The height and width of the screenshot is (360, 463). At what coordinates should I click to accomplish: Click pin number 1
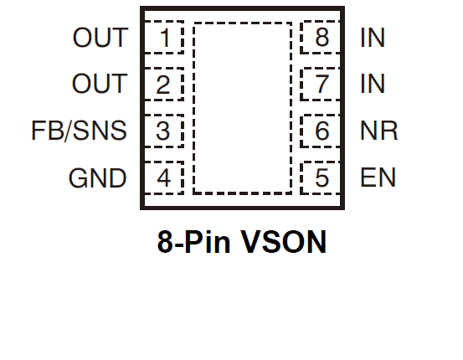tap(165, 38)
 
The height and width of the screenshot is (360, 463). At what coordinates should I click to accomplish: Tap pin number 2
tap(163, 85)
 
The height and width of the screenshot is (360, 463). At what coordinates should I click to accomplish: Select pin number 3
tap(163, 131)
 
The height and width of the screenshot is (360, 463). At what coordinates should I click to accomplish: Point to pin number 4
tap(163, 177)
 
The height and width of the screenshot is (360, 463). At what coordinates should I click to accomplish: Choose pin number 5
tap(322, 177)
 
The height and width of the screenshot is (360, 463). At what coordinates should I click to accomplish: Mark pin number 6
tap(322, 131)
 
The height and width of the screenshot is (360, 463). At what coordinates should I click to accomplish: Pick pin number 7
tap(322, 85)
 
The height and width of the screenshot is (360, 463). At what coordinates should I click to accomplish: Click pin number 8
tap(322, 38)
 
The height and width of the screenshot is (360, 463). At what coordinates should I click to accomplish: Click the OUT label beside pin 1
tap(100, 38)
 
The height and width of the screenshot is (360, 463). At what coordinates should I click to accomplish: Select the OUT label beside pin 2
tap(100, 84)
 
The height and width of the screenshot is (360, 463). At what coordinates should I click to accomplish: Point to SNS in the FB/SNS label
tap(100, 131)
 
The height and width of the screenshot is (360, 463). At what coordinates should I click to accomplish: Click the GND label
tap(98, 178)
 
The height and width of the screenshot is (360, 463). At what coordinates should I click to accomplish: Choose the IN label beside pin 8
tap(373, 38)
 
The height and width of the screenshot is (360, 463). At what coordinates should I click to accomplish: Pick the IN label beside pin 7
tap(373, 84)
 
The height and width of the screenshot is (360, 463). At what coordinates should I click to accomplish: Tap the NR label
tap(379, 131)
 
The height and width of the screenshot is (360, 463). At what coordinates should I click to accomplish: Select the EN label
tap(378, 177)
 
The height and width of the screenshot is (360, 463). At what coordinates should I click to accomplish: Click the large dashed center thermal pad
tap(243, 108)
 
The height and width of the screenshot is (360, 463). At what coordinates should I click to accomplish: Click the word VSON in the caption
tap(284, 242)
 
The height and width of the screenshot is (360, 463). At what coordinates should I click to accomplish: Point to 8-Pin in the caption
tap(193, 242)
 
